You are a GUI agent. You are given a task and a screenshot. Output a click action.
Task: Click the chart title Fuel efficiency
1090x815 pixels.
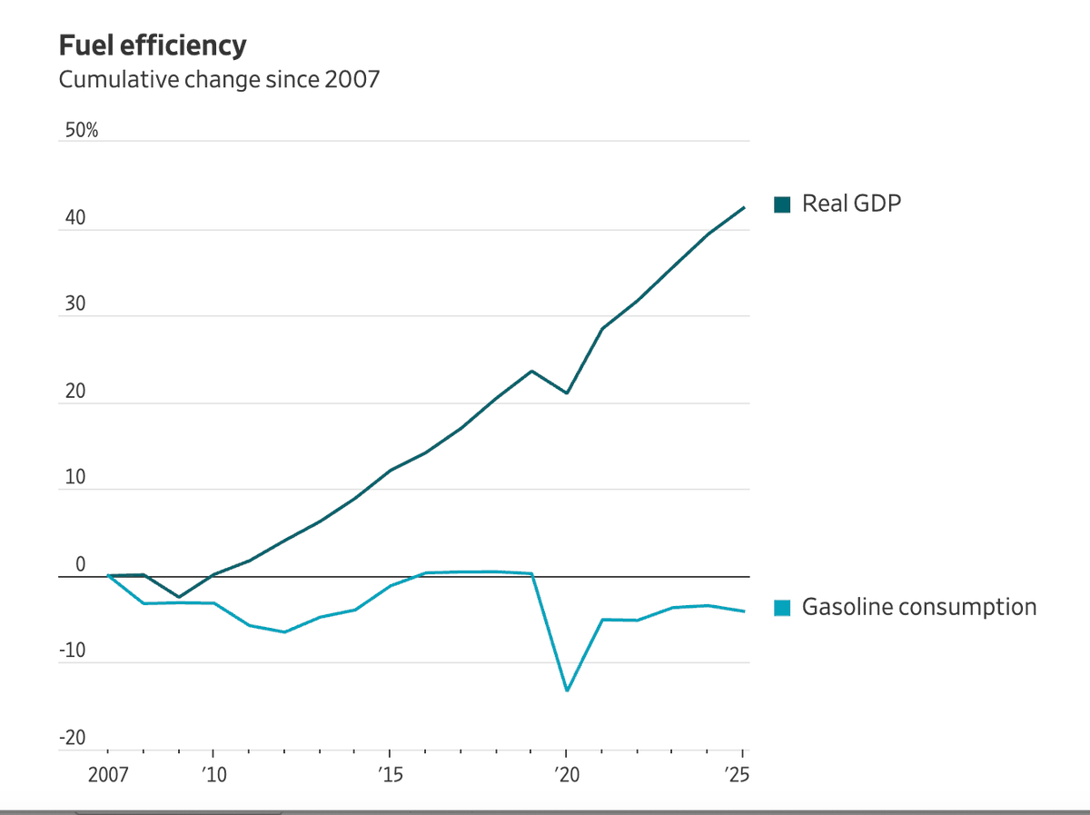tap(153, 45)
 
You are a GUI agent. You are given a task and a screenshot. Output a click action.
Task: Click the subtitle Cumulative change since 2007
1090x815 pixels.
tap(219, 80)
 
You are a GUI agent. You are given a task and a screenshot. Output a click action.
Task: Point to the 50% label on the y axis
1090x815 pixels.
tap(81, 131)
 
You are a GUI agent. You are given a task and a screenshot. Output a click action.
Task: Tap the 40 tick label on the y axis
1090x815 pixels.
tap(74, 218)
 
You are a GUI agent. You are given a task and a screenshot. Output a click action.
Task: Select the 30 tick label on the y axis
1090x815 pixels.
tap(74, 304)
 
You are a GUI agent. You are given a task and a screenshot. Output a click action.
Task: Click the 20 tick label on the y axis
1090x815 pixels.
tap(74, 392)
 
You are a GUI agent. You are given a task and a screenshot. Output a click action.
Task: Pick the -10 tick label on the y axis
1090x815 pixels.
tap(73, 651)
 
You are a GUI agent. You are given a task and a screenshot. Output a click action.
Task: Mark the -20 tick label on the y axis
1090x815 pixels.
tap(73, 737)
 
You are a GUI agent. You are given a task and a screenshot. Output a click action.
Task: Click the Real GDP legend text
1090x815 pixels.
tap(851, 204)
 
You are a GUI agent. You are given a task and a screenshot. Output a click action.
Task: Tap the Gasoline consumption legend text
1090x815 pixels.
tap(918, 607)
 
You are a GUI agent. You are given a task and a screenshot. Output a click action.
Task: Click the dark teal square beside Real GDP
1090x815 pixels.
tap(781, 204)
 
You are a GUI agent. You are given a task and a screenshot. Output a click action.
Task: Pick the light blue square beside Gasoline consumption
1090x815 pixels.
tap(781, 608)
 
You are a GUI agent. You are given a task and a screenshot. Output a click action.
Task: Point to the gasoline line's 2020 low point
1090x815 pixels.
tap(567, 691)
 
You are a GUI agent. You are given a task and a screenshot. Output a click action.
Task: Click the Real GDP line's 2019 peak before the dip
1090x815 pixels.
tap(531, 371)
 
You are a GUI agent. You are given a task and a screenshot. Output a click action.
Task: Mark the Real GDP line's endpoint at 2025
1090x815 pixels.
tap(744, 207)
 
